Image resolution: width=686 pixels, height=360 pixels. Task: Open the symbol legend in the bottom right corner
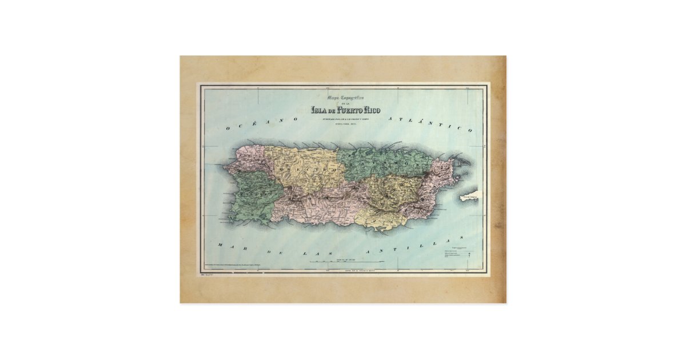[459, 255]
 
